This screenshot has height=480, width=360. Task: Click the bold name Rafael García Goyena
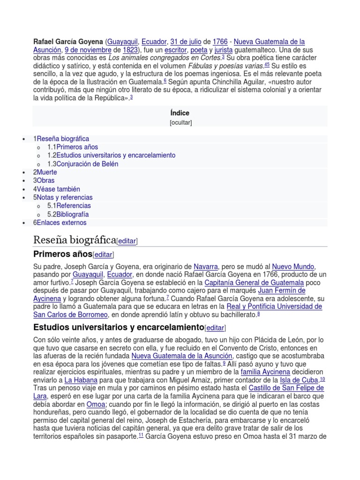pyautogui.click(x=68, y=42)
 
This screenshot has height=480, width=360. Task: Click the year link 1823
pyautogui.click(x=130, y=50)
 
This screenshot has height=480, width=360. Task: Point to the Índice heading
pyautogui.click(x=180, y=113)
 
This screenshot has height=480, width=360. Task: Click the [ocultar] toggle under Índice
pyautogui.click(x=180, y=123)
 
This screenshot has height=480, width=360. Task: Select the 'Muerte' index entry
pyautogui.click(x=47, y=172)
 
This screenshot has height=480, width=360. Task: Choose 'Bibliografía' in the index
pyautogui.click(x=73, y=214)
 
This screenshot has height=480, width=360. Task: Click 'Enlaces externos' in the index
pyautogui.click(x=61, y=223)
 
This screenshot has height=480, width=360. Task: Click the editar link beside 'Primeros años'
pyautogui.click(x=104, y=255)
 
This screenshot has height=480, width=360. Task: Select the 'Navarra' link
pyautogui.click(x=205, y=266)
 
